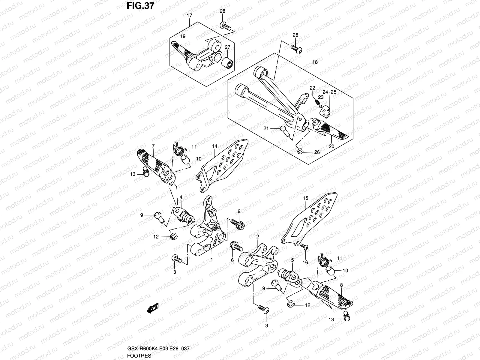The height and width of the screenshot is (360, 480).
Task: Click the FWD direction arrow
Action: pyautogui.click(x=153, y=308)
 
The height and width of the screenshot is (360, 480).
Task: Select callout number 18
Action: pyautogui.click(x=315, y=62)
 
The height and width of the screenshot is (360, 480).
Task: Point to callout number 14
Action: pyautogui.click(x=214, y=146)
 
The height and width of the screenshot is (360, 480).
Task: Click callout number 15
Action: pyautogui.click(x=305, y=198)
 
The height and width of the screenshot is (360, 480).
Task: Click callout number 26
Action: pyautogui.click(x=317, y=152)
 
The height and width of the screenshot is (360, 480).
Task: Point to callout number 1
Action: pyautogui.click(x=212, y=259)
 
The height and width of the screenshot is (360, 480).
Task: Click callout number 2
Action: pyautogui.click(x=257, y=237)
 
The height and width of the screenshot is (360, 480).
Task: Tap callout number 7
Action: pyautogui.click(x=153, y=146)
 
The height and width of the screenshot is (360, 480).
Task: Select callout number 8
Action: pyautogui.click(x=341, y=285)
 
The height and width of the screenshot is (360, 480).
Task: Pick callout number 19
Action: pyautogui.click(x=183, y=36)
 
